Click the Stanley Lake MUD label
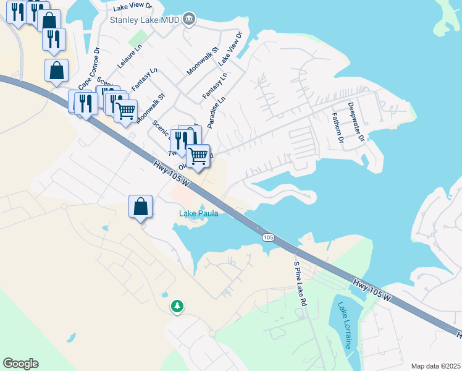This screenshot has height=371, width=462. [x=145, y=20]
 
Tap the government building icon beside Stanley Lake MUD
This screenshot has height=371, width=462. [x=190, y=20]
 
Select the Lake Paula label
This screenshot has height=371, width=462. [x=199, y=214]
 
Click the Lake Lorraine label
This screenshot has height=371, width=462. [x=344, y=325]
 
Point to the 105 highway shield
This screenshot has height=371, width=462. [x=267, y=237]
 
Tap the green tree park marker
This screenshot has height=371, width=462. [x=177, y=306]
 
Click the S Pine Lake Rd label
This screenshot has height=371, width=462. [x=300, y=284]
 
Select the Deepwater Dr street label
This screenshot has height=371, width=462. [x=355, y=122]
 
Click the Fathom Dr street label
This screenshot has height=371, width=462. [x=337, y=127]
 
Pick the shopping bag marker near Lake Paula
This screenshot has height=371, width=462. [x=140, y=207]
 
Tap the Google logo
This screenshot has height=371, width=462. [x=20, y=363]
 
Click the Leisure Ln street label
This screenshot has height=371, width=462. [x=130, y=56]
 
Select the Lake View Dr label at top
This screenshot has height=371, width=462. [x=135, y=7]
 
